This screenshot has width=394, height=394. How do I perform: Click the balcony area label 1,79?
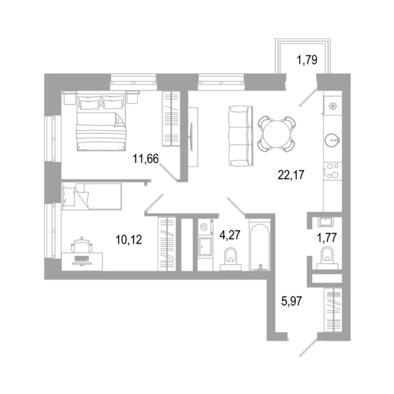[307, 61]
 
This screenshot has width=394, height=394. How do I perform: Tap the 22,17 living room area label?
[291, 174]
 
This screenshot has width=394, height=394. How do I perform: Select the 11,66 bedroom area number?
[146, 159]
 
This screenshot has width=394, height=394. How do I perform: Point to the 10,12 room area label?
[129, 240]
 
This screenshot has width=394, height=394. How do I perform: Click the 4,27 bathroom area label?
[230, 235]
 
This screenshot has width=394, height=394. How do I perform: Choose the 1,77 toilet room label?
[327, 238]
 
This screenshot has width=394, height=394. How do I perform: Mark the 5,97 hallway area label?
[291, 301]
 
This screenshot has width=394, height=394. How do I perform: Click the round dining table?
[277, 134]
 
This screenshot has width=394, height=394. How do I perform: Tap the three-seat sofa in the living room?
[241, 135]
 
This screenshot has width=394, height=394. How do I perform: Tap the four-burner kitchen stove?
[332, 172]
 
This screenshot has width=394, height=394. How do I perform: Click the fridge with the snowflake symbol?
[332, 106]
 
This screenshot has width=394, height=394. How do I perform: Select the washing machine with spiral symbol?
[205, 227]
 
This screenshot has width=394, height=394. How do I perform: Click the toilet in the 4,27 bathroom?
[231, 259]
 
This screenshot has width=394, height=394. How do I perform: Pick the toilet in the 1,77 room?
[327, 258]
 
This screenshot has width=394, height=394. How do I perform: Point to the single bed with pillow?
[92, 196]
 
